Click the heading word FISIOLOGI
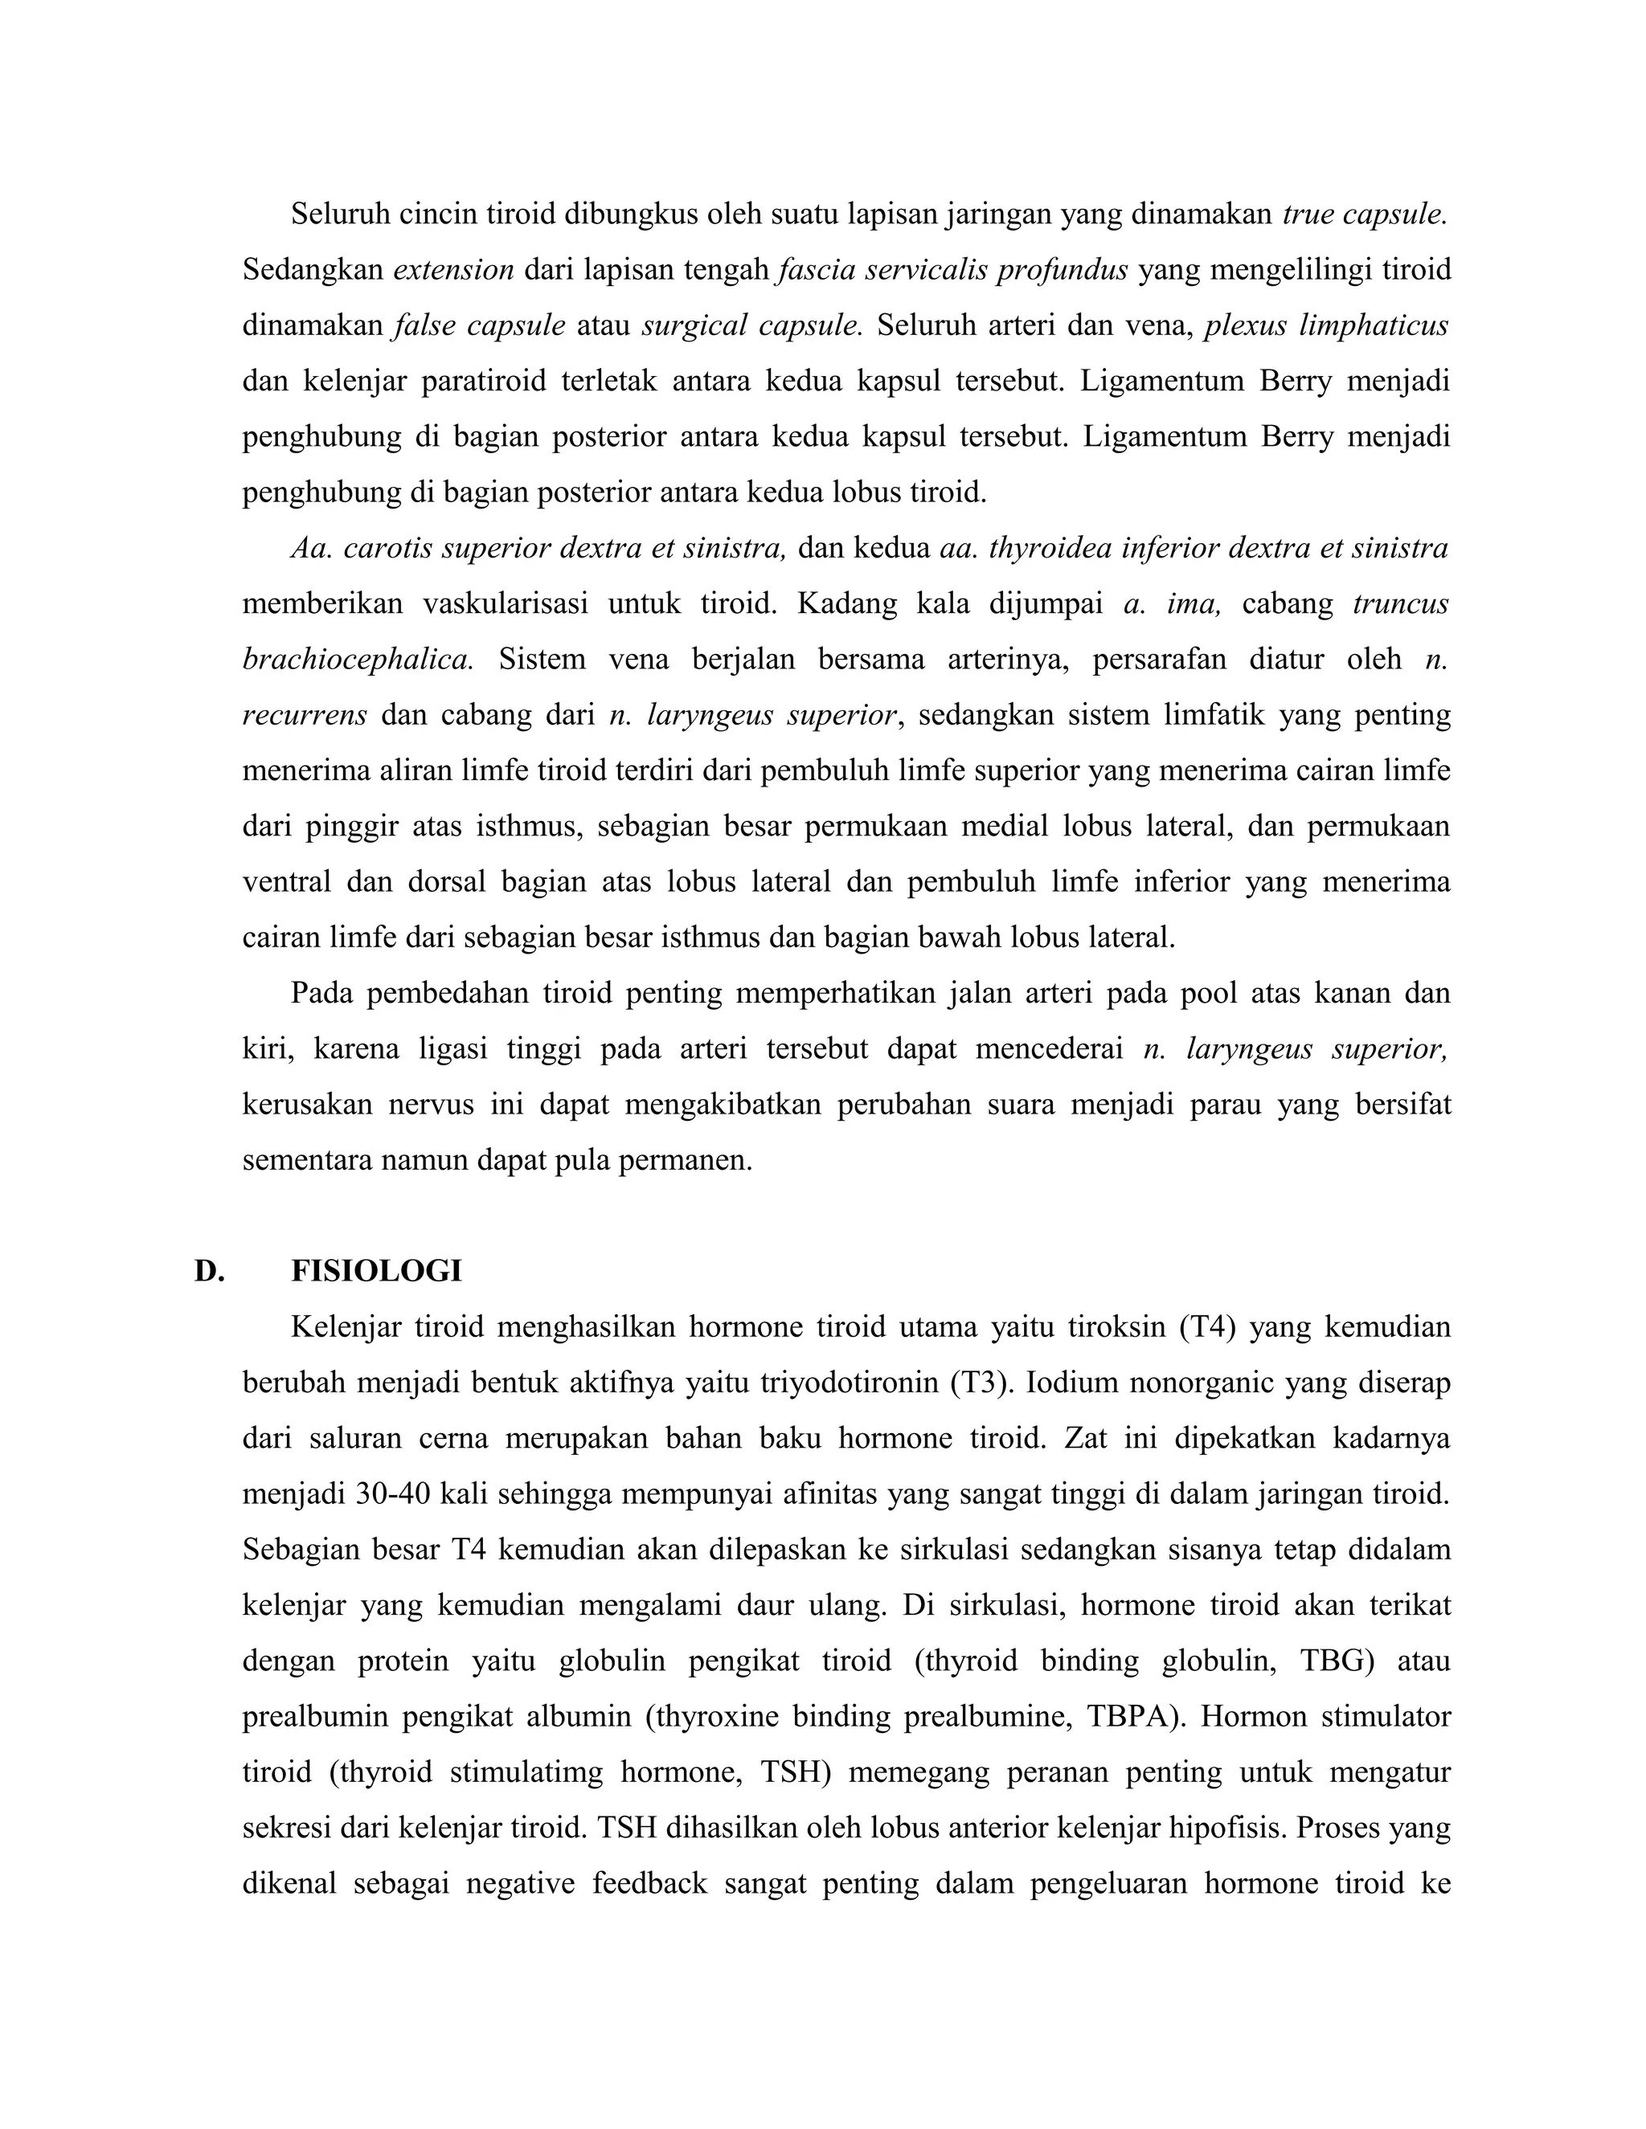[376, 1271]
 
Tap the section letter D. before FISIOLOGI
[209, 1271]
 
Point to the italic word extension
[453, 269]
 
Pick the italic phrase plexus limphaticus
[1326, 325]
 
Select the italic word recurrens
[305, 714]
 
